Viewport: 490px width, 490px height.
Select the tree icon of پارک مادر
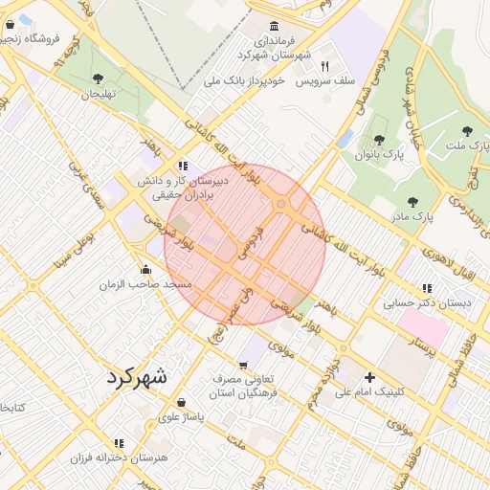[x=412, y=202]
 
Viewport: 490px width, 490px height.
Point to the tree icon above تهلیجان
[x=99, y=79]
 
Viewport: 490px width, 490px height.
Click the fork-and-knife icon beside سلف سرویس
[x=325, y=66]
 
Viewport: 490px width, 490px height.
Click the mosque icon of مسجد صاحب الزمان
[x=145, y=269]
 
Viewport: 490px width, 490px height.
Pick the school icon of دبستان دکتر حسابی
[x=427, y=288]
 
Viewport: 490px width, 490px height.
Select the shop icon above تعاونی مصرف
[x=243, y=364]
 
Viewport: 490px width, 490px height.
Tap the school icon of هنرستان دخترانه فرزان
[x=119, y=443]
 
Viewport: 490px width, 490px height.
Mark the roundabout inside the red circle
[x=281, y=204]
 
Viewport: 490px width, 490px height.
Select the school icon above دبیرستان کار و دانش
[x=183, y=166]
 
